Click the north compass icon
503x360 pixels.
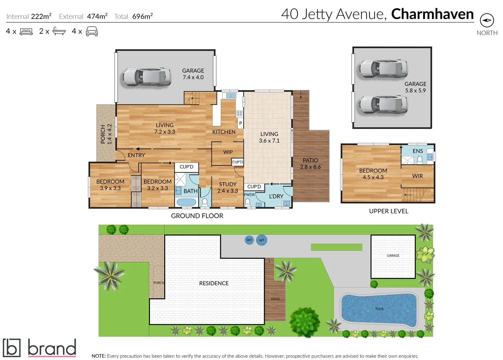point(487,20)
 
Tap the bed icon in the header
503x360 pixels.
point(26,32)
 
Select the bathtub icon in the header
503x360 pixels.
point(59,31)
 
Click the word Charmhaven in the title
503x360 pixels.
point(432,14)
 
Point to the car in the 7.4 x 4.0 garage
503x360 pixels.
point(147,77)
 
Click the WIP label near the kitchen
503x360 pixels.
point(228,152)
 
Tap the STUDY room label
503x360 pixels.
point(228,184)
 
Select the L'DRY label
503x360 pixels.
point(276,196)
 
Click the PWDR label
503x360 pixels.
point(249,195)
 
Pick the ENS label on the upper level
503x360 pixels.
point(417,151)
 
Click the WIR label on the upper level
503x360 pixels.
point(417,176)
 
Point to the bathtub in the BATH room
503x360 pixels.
point(186,202)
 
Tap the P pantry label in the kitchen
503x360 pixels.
point(241,123)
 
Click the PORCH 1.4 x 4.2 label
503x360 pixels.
point(106,134)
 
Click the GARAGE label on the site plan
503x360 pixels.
point(393,256)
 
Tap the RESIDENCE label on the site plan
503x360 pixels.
point(214,283)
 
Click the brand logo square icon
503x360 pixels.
point(12,348)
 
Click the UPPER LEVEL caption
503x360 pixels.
point(388,211)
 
